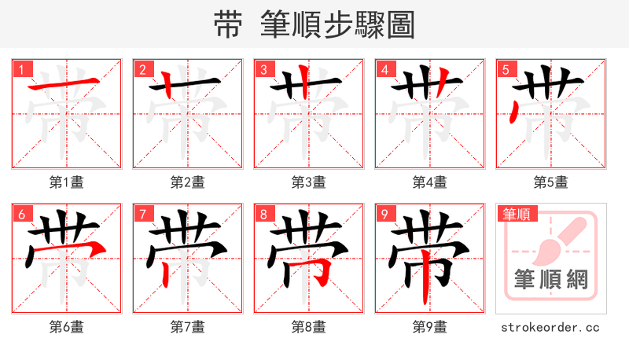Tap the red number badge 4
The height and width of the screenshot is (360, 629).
tap(385, 69)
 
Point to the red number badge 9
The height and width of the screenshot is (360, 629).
tap(385, 214)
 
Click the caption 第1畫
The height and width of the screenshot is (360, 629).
tap(67, 182)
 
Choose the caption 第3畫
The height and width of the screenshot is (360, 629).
tap(309, 182)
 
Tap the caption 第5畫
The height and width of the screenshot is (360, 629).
tap(551, 182)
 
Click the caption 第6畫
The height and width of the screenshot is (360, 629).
tap(67, 327)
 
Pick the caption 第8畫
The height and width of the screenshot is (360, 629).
tap(309, 327)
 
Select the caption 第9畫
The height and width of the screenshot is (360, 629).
tap(430, 327)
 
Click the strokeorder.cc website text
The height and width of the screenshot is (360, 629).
tap(550, 327)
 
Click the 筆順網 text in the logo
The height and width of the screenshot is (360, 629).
tap(550, 278)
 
